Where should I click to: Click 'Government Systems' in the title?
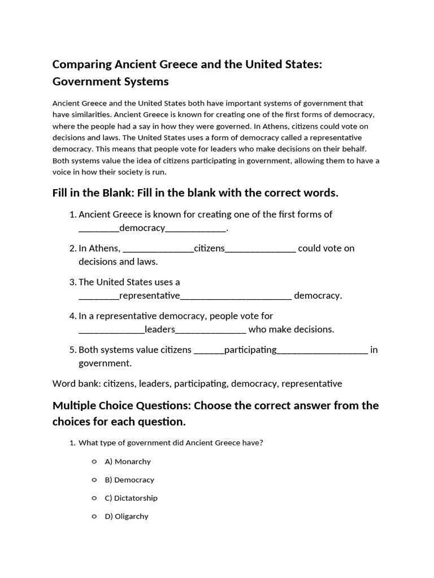[110, 82]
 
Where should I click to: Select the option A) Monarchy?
[128, 462]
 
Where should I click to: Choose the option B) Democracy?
[129, 480]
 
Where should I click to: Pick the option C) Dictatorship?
[131, 498]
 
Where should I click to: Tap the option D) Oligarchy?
[127, 516]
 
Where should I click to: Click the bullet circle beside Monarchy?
[94, 462]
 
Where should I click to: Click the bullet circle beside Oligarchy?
[94, 516]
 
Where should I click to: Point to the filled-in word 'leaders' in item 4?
[160, 329]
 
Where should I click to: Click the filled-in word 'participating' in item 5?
[250, 350]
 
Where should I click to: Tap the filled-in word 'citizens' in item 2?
[209, 248]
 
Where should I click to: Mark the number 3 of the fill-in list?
[72, 282]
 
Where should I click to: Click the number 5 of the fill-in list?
[72, 350]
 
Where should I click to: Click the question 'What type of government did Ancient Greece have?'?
[171, 443]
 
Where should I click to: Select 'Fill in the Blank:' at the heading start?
[93, 193]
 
